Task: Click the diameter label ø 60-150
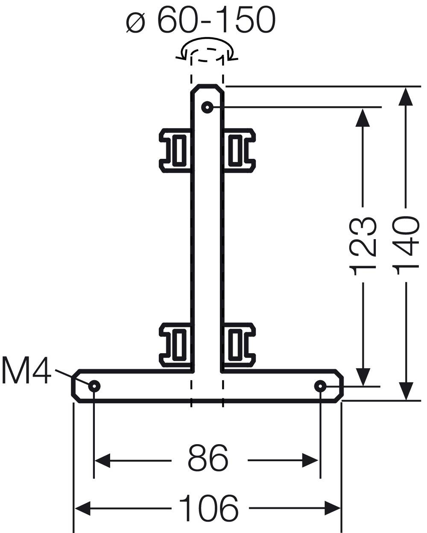[x=201, y=20]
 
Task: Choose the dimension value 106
[x=208, y=508]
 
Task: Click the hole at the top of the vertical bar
[x=207, y=107]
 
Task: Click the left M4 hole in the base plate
[x=94, y=386]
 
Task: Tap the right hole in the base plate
[x=320, y=386]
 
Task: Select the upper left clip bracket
[x=175, y=150]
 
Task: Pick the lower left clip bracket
[x=175, y=344]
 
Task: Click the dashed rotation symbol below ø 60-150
[x=207, y=53]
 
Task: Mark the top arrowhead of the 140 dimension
[x=406, y=96]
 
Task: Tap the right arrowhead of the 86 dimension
[x=310, y=460]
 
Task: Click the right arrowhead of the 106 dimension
[x=332, y=508]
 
